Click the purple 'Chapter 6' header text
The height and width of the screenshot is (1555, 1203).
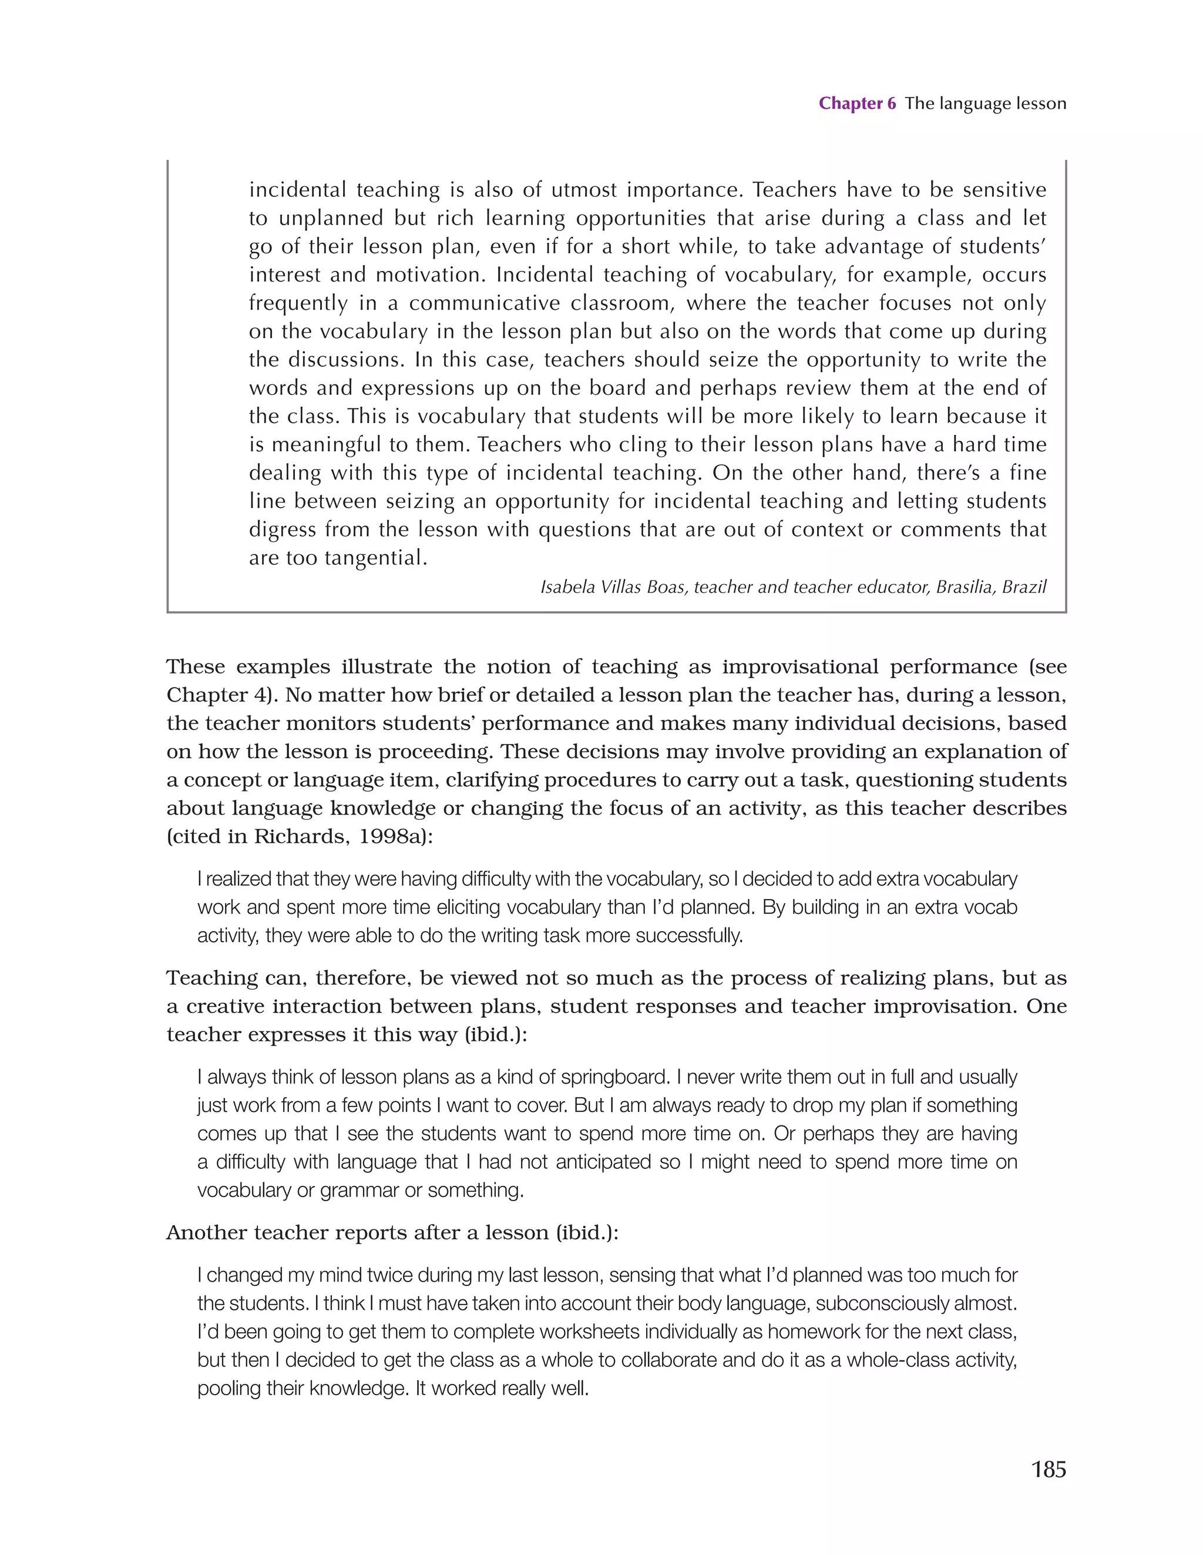click(856, 103)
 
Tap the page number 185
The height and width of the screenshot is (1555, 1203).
click(1048, 1469)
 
